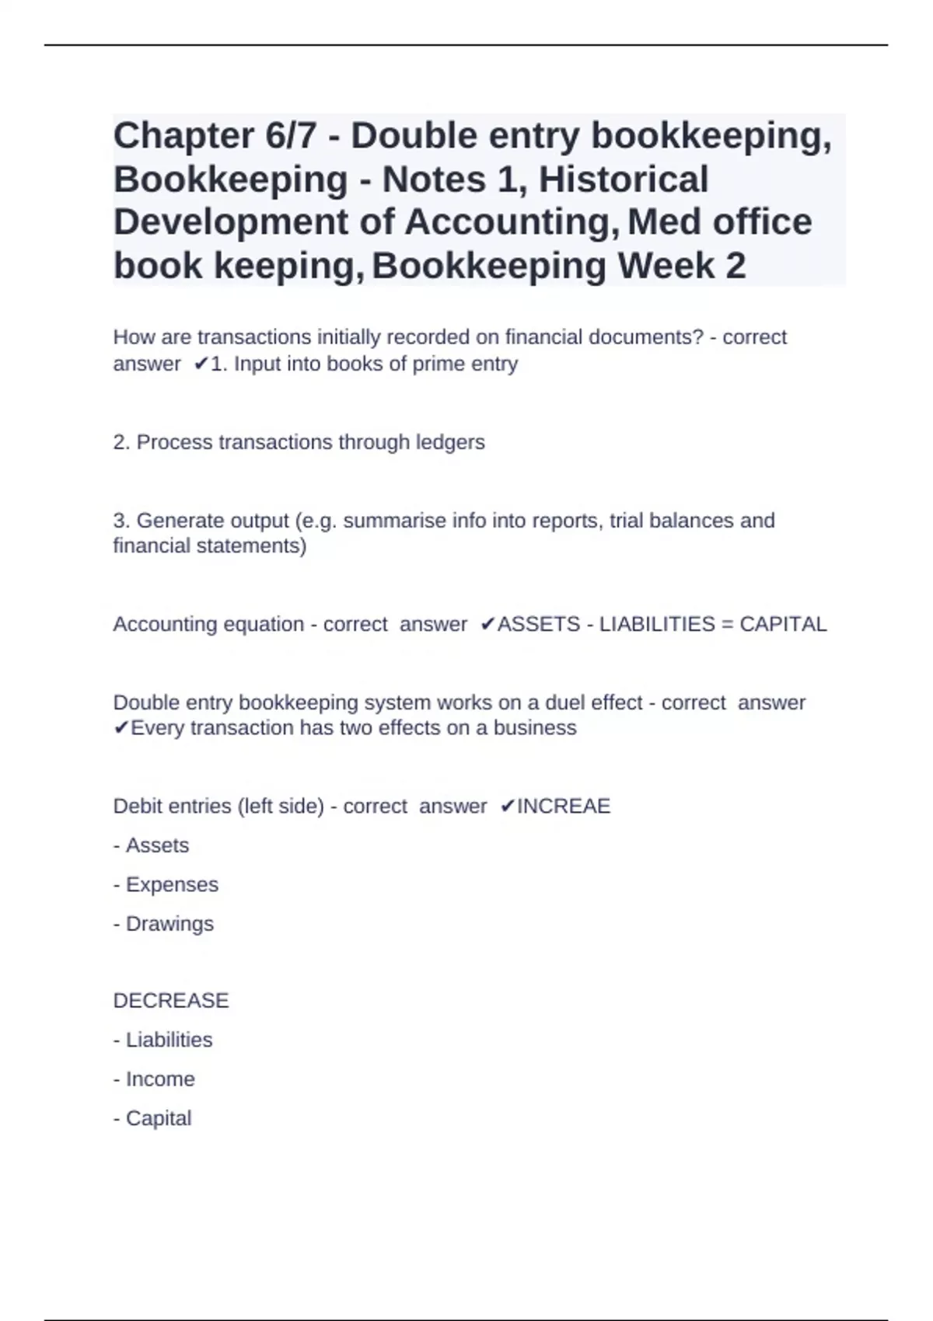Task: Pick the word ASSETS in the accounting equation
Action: (539, 625)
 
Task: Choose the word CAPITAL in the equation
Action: (783, 625)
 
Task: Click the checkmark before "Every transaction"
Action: (121, 728)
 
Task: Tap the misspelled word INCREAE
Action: (564, 807)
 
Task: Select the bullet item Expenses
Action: (172, 884)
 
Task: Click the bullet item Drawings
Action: (169, 924)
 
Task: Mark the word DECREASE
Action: (171, 1001)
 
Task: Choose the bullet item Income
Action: (160, 1079)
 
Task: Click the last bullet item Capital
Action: (159, 1118)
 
